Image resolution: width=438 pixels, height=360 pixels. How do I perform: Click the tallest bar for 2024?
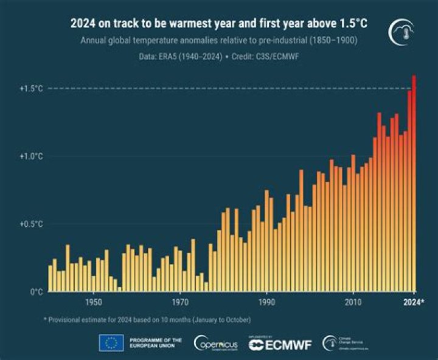(414, 182)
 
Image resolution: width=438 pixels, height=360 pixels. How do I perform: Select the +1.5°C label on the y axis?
(30, 89)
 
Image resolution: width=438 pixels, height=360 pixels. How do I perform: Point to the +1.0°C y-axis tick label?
(30, 156)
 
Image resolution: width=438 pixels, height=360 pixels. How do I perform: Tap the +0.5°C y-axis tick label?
(30, 224)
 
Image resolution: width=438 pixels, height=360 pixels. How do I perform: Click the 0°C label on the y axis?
(36, 292)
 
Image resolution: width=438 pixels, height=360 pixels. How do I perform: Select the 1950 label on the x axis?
(93, 302)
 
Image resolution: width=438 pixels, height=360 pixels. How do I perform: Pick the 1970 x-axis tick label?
(180, 302)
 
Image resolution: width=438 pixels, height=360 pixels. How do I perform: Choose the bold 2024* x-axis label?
(414, 302)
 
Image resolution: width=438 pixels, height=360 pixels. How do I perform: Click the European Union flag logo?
(111, 343)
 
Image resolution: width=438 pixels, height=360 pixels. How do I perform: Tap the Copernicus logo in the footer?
(216, 343)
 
